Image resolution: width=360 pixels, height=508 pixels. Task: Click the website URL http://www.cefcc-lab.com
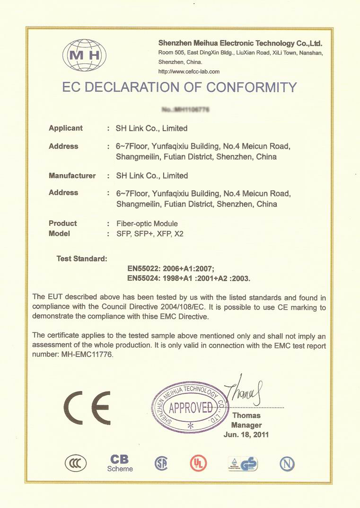189,71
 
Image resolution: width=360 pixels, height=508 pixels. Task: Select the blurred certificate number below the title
185,110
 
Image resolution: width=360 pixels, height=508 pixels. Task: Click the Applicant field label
66,128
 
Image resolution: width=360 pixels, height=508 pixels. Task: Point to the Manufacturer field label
72,176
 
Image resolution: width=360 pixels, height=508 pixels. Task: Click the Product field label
62,223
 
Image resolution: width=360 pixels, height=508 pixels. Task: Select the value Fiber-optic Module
147,223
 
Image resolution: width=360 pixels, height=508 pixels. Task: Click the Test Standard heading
82,258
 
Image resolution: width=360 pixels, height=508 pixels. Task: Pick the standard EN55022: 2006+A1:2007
171,268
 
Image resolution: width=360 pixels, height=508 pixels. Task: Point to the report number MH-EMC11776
87,354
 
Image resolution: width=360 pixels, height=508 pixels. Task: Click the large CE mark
88,407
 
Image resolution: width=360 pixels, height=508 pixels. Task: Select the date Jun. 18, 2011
246,435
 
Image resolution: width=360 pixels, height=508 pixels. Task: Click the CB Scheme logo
120,463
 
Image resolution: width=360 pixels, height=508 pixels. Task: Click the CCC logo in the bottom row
76,463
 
